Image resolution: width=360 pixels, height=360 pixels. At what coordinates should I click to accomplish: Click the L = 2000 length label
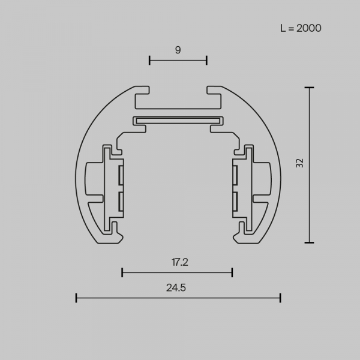coord(301,28)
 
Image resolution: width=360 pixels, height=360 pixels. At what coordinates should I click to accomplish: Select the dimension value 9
coord(178,50)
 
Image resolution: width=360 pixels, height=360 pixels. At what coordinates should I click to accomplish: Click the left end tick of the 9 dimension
coord(149,59)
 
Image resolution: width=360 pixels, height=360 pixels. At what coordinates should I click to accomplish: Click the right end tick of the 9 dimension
coord(207,59)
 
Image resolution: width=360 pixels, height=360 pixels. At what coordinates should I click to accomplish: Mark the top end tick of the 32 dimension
coord(309,88)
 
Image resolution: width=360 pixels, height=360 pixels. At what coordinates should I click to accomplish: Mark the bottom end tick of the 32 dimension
coord(309,242)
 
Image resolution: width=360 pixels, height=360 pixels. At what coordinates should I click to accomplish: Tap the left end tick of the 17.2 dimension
coord(122,272)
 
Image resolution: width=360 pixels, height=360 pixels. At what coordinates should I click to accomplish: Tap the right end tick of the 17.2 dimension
coord(232,272)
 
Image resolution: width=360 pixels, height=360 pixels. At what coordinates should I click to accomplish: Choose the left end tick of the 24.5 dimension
coord(76,297)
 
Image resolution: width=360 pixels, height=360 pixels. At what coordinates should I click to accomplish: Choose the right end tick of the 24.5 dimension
coord(280,297)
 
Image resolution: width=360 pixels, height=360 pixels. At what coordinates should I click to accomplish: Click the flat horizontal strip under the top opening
coord(178,120)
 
